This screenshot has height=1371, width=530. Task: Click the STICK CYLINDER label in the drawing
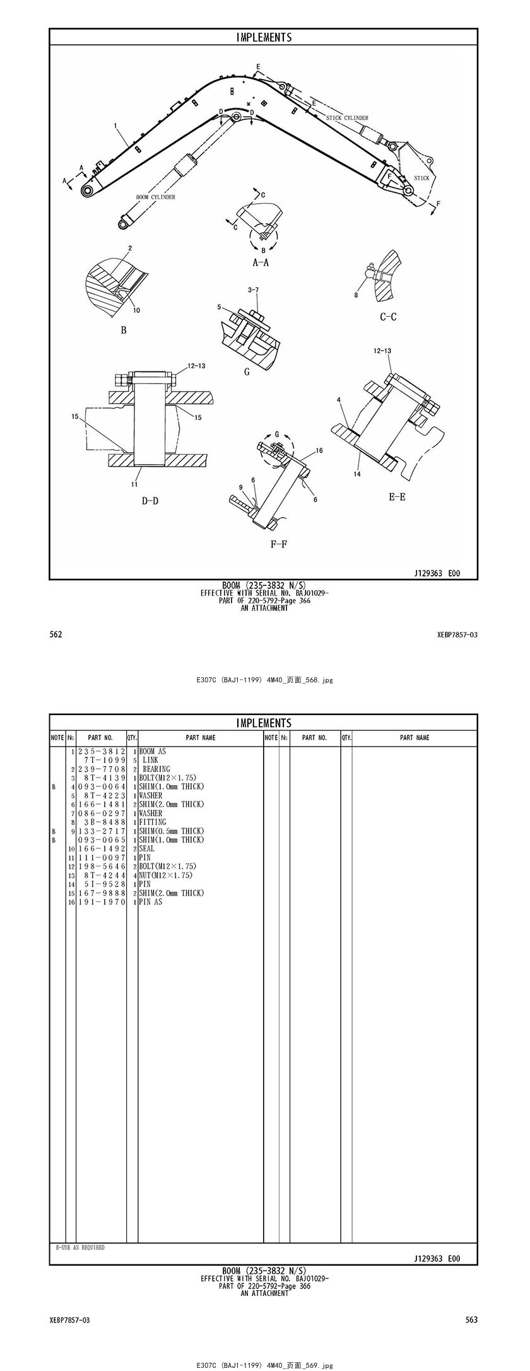coord(347,118)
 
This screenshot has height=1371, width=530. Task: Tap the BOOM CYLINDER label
coord(156,197)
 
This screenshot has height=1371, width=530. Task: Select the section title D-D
coord(150,501)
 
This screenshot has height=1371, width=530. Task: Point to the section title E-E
coord(397,497)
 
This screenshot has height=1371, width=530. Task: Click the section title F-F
coord(279,544)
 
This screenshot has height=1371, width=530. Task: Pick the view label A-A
coord(261,262)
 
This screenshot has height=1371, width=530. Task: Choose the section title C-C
coord(388,317)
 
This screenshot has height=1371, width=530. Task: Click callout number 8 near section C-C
coord(356,295)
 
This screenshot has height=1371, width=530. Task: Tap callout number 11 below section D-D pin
coord(134,484)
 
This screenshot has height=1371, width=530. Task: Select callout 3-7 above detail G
coord(254,290)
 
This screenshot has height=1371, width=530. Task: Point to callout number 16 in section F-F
coord(319,450)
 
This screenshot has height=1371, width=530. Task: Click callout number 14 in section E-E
coord(357,474)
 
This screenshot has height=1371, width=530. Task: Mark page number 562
coord(56,634)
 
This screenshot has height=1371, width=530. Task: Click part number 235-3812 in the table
coord(102,752)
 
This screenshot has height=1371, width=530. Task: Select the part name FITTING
coord(153,822)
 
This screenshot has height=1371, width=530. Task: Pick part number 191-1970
coord(102,902)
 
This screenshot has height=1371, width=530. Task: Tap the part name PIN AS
coord(151,902)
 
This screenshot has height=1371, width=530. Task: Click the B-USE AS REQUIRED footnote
coord(80,1247)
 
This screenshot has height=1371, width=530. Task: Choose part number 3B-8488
coord(105,822)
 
